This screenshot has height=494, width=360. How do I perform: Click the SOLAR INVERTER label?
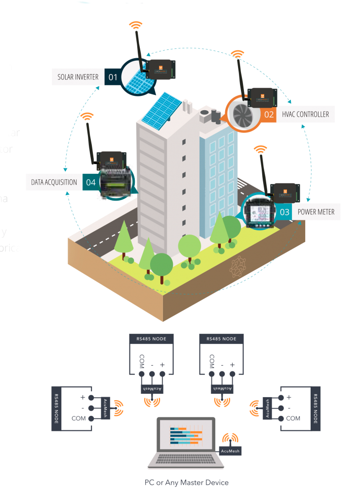78,77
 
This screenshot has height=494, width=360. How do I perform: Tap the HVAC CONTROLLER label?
305,114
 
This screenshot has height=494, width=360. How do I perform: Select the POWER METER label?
316,212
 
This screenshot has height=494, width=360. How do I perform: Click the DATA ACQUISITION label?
54,182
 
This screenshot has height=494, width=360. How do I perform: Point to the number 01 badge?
113,77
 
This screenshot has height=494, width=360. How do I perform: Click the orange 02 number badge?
269,114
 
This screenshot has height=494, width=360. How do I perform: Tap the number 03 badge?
285,212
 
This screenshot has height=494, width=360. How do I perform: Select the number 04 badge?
90,182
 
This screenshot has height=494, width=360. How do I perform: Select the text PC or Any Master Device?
186,482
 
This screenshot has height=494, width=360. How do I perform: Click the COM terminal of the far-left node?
92,418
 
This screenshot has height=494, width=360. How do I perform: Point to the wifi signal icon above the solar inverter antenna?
135,25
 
